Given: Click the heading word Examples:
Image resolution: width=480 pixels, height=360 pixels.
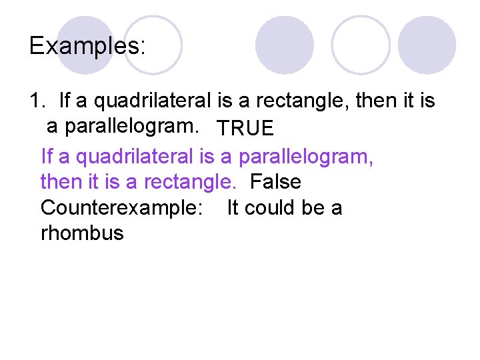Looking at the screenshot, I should click(x=87, y=45).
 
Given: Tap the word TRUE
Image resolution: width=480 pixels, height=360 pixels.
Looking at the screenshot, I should click(x=245, y=128).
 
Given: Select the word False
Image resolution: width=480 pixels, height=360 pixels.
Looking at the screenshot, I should click(x=275, y=181).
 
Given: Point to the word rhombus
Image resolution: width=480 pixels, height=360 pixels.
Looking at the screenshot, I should click(x=82, y=234).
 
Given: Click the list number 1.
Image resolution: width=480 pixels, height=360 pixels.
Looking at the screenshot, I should click(x=36, y=101).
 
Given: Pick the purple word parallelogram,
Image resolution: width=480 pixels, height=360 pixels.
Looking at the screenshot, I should click(x=306, y=156).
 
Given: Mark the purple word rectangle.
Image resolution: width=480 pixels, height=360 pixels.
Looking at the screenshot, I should click(x=190, y=181).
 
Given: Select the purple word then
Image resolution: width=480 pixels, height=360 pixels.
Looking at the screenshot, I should click(x=61, y=181).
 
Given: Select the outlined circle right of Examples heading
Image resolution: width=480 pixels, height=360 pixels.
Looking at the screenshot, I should click(x=153, y=44).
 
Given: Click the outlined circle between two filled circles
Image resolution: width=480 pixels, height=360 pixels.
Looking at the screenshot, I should click(x=361, y=45).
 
